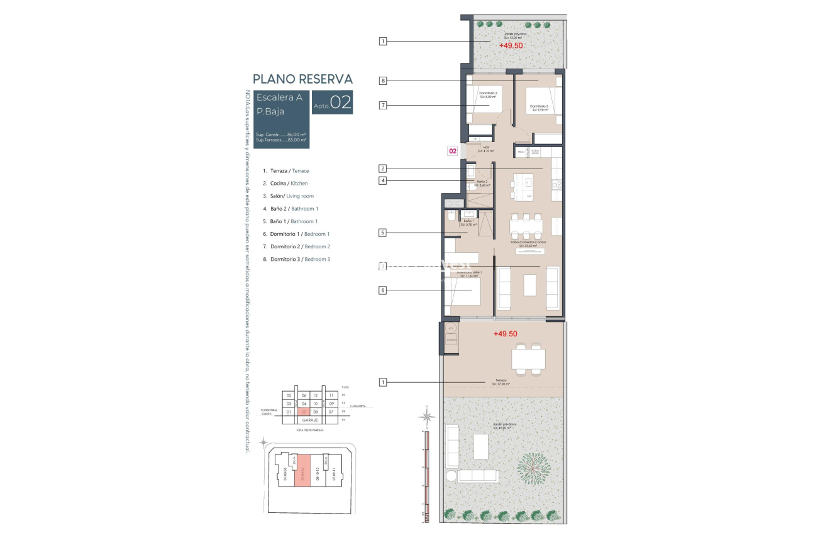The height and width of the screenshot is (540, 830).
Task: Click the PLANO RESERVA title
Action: (x=302, y=79)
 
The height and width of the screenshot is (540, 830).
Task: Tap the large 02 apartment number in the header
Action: (x=340, y=102)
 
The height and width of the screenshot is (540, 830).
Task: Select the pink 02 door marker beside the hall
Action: (x=452, y=151)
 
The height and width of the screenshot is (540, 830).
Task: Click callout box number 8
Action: (x=383, y=80)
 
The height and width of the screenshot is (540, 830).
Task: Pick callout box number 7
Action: (x=383, y=105)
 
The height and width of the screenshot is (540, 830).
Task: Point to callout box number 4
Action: (x=383, y=181)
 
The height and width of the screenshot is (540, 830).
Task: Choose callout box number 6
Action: (x=383, y=290)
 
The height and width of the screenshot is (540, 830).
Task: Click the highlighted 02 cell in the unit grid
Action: (x=303, y=412)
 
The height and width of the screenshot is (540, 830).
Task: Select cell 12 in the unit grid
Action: (x=316, y=395)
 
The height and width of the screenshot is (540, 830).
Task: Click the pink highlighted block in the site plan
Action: (x=303, y=471)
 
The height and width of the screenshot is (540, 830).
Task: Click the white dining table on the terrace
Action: (x=528, y=359)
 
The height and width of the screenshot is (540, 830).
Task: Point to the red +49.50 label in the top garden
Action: (x=511, y=46)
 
